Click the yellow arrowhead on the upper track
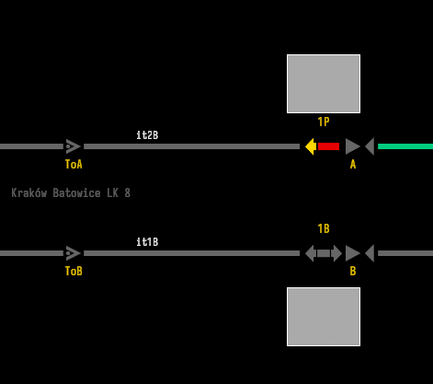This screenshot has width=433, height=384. [x=311, y=146]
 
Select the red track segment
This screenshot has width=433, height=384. [x=328, y=146]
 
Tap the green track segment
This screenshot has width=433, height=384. [x=405, y=146]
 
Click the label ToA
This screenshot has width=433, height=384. [x=74, y=164]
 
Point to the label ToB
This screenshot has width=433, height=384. [x=74, y=271]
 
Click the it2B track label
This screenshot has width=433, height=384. [x=147, y=135]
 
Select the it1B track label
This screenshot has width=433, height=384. [x=147, y=242]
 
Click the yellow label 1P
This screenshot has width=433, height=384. [x=324, y=122]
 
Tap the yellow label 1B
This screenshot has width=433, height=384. [x=324, y=228]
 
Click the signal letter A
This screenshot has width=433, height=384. [x=353, y=165]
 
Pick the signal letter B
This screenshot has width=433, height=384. [x=353, y=271]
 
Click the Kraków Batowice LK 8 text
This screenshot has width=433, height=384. [x=71, y=193]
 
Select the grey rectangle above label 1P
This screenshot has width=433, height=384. [x=324, y=84]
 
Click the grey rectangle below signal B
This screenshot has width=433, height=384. [x=324, y=317]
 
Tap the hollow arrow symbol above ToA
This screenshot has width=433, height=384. [x=74, y=146]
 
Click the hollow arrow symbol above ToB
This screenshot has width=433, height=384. [x=74, y=253]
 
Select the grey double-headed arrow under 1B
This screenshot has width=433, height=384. [x=324, y=253]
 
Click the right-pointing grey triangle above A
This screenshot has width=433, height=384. [x=352, y=146]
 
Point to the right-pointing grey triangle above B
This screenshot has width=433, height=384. [x=352, y=253]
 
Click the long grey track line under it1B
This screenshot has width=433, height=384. [x=191, y=253]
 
